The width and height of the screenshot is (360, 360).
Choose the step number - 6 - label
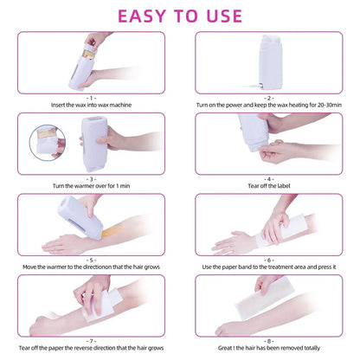(x=270, y=258)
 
